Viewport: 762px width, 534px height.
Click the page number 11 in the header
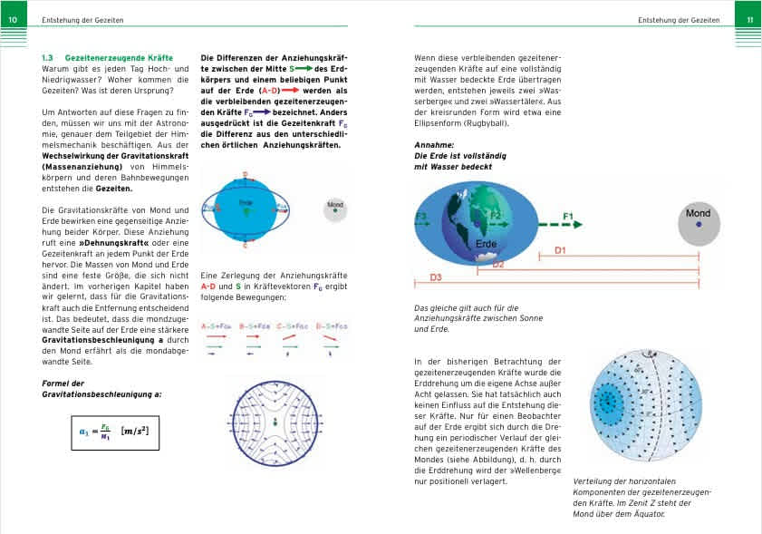pyautogui.click(x=749, y=19)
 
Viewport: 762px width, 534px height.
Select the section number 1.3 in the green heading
pyautogui.click(x=49, y=58)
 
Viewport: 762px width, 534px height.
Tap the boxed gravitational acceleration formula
pyautogui.click(x=115, y=432)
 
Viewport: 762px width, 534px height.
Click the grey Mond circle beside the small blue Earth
pyautogui.click(x=335, y=209)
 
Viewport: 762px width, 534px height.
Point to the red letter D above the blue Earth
pyautogui.click(x=245, y=173)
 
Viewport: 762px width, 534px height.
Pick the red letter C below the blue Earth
pyautogui.click(x=245, y=245)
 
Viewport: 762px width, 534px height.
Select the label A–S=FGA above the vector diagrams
pyautogui.click(x=217, y=324)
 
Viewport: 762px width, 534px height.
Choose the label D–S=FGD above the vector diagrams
pyautogui.click(x=332, y=324)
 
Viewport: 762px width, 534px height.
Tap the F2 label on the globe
pyautogui.click(x=495, y=215)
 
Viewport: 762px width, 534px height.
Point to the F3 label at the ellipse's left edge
pyautogui.click(x=421, y=216)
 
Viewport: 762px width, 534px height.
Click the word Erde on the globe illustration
pyautogui.click(x=487, y=245)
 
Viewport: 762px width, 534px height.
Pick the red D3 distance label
pyautogui.click(x=436, y=277)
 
